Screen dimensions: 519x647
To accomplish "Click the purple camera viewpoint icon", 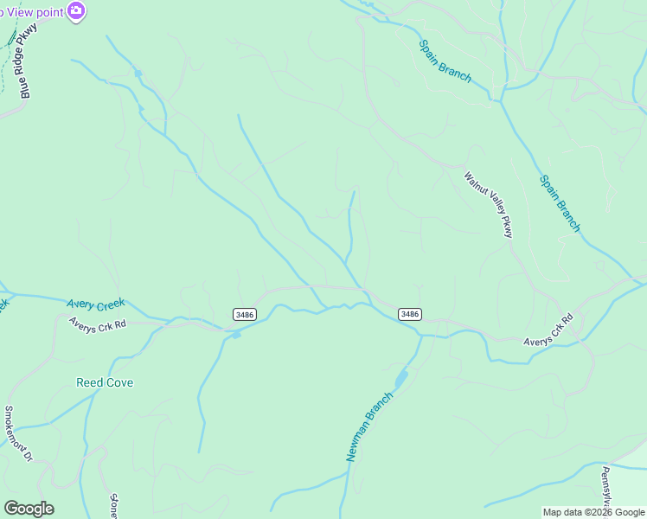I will [x=76, y=10].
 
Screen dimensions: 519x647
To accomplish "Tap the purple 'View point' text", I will [x=35, y=10].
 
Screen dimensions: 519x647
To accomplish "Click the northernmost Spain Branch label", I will [x=445, y=61].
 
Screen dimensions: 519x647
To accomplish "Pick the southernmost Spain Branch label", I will [x=560, y=203].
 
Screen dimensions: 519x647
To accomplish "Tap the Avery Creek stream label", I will [x=96, y=304].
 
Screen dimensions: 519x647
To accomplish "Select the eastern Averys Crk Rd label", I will [x=549, y=331].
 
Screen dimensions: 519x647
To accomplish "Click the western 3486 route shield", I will [x=244, y=315].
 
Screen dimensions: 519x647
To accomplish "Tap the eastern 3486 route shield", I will [x=410, y=314].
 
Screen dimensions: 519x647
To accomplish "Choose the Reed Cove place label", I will [x=105, y=382].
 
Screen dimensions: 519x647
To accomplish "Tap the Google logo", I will [x=29, y=509].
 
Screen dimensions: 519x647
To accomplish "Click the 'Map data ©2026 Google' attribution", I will [x=593, y=512].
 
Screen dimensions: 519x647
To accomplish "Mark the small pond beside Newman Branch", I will [x=401, y=379].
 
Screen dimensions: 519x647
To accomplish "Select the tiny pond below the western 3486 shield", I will [x=235, y=334].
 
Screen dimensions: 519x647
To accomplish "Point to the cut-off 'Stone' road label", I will [x=113, y=505].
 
